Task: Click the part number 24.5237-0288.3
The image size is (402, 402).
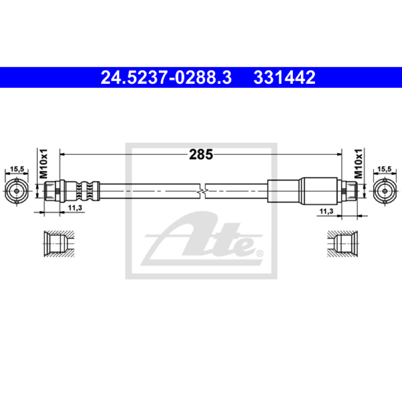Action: (x=166, y=77)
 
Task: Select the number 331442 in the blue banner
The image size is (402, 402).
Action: (x=284, y=77)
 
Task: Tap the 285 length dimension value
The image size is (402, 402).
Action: (x=201, y=155)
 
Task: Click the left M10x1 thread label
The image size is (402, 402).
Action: (x=43, y=164)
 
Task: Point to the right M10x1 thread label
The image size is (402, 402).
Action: (x=358, y=164)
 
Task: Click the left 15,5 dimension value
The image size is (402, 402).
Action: (x=17, y=169)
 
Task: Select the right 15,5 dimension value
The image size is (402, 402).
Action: (x=384, y=169)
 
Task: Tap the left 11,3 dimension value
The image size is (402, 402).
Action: (x=75, y=208)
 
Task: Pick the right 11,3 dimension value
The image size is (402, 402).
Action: (x=326, y=211)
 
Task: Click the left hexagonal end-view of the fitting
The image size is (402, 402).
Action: (x=17, y=191)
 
